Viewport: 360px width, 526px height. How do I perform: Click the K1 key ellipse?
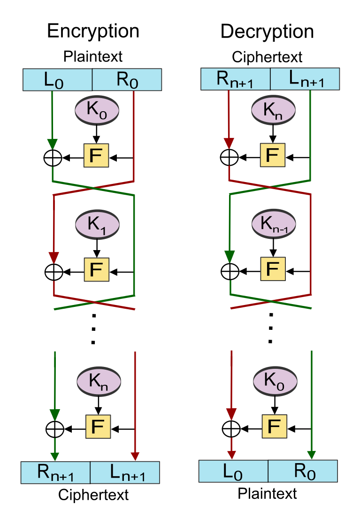(x=98, y=225)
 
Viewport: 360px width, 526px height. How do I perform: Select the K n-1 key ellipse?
(x=274, y=224)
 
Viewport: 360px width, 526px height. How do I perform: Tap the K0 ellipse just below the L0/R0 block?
(x=97, y=111)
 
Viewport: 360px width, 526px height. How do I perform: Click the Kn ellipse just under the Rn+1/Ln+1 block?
(x=274, y=111)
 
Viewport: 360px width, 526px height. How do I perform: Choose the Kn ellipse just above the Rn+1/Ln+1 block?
(x=99, y=381)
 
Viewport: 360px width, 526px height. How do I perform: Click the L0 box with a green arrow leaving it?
(x=57, y=80)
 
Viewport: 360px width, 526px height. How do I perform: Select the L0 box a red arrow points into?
(x=233, y=471)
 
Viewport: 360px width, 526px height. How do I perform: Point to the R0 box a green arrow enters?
(x=303, y=471)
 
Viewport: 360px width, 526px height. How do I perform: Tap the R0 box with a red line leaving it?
(x=127, y=80)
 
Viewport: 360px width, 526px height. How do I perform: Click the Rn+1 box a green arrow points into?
(x=55, y=473)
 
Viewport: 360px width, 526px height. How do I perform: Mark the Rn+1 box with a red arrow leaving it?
(x=236, y=79)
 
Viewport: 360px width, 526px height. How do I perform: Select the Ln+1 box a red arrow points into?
(x=125, y=473)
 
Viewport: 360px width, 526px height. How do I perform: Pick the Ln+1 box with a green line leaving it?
(x=305, y=79)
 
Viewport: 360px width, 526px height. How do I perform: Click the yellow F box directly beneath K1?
(x=96, y=269)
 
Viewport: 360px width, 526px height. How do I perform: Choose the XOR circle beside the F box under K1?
(x=54, y=272)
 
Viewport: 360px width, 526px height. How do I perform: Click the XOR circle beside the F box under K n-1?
(x=230, y=271)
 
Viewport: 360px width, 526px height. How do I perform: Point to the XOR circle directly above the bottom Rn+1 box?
(x=55, y=428)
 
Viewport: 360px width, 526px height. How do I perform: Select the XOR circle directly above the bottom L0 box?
(x=231, y=428)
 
